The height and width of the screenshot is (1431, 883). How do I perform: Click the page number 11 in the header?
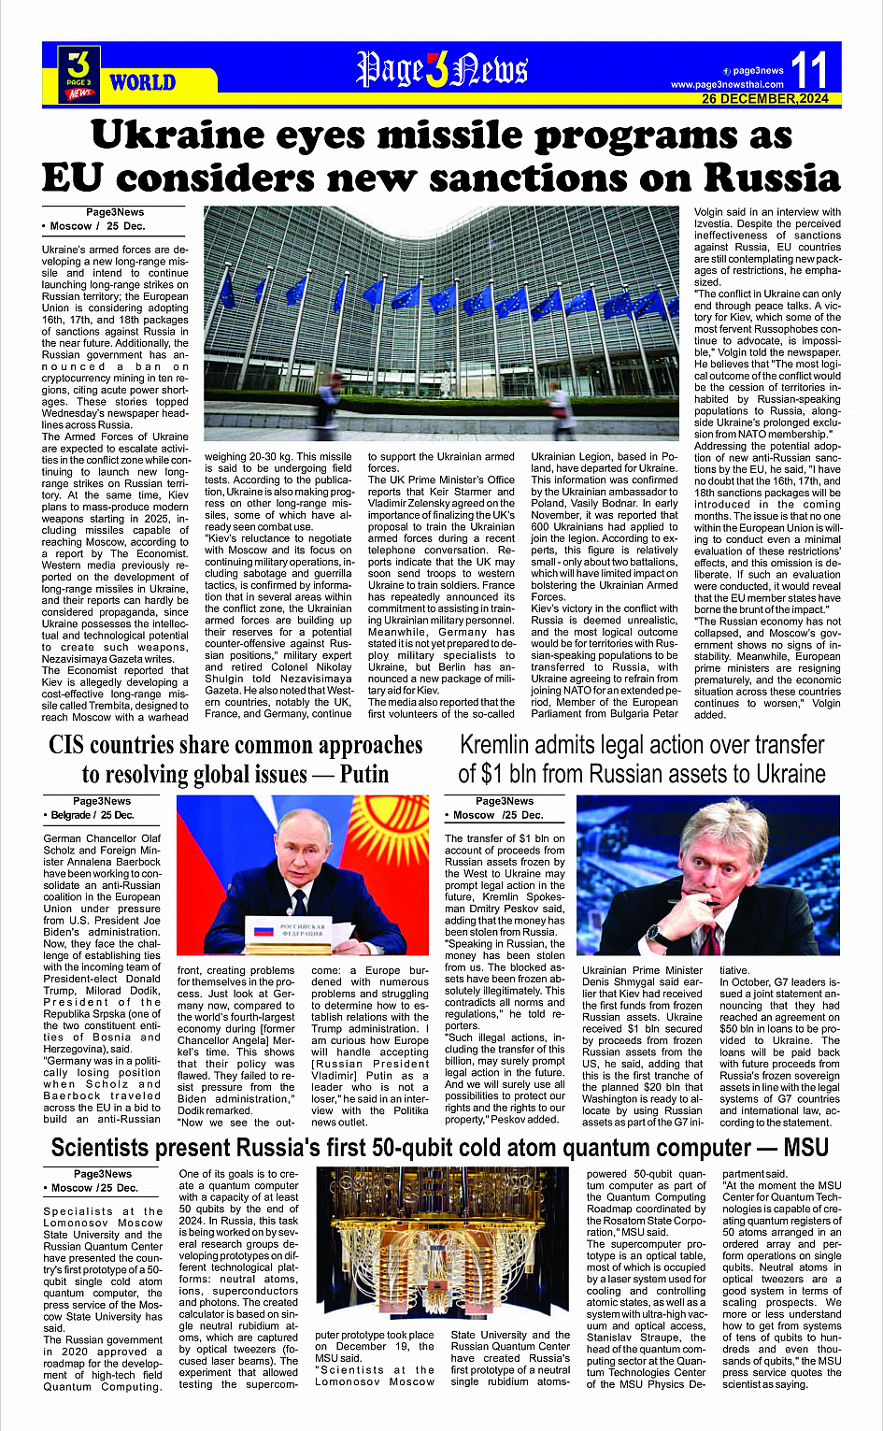coord(809,70)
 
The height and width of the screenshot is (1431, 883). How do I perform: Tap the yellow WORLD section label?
coord(142,82)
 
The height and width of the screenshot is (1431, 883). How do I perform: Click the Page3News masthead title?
coord(442,70)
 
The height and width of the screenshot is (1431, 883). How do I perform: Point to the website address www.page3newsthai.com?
coord(727,85)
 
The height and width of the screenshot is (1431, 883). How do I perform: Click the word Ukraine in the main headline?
coord(164,136)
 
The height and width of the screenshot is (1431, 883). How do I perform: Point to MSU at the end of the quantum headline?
coord(805,1148)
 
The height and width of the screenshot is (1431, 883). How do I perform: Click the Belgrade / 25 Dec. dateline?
coord(91,815)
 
